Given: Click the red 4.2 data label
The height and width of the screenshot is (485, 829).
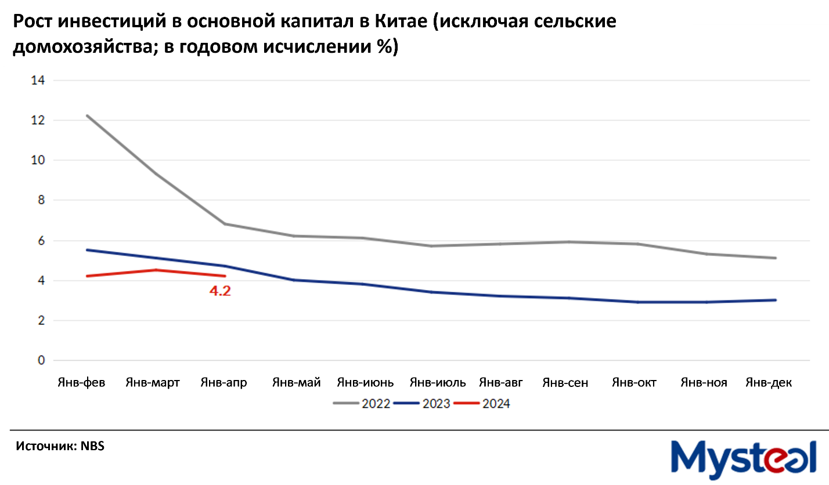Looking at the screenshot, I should pos(220,291).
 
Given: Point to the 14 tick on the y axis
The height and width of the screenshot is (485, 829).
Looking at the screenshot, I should pos(38,81).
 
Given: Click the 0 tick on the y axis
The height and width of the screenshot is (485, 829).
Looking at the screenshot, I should pos(41,360).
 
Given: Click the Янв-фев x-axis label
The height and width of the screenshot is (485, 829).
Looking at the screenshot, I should pos(81,383).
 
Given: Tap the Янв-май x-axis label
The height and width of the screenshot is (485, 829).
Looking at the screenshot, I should pos(297,383).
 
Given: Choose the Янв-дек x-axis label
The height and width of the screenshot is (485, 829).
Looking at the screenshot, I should pos(769,383).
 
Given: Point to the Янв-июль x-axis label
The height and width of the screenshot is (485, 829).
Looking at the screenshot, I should pos(438,383).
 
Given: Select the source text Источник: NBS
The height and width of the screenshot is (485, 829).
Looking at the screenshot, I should pos(60,446).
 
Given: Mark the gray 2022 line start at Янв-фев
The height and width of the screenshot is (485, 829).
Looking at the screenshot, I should pos(86,116).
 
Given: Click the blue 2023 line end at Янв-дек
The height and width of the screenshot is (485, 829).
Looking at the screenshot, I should pos(776,300).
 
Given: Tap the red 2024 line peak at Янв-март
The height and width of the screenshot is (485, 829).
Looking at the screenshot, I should pos(155,270).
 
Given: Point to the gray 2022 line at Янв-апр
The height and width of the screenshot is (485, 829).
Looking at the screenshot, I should pos(224,224).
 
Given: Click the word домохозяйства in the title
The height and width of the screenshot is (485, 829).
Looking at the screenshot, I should pos(84,48).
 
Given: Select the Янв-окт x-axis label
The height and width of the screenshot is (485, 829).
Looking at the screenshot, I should pos(633,383).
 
